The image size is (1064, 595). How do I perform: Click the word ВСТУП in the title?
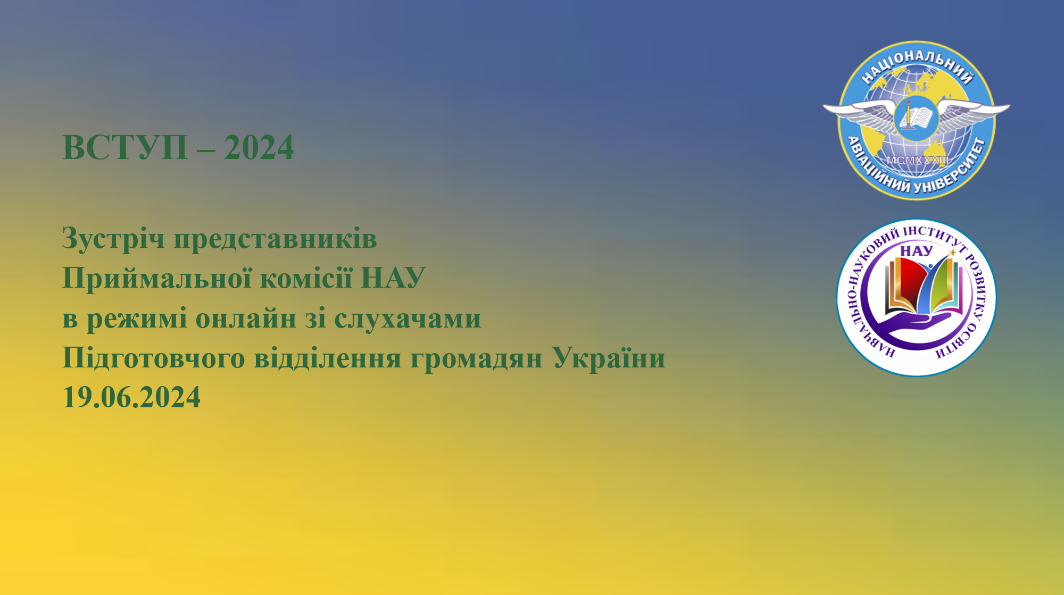pyautogui.click(x=126, y=147)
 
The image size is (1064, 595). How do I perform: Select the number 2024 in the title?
pyautogui.click(x=259, y=147)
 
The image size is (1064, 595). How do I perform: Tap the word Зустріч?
pyautogui.click(x=113, y=239)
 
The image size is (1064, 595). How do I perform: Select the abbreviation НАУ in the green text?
pyautogui.click(x=393, y=278)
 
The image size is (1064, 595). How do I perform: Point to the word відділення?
pyautogui.click(x=328, y=357)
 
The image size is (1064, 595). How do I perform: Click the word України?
pyautogui.click(x=609, y=358)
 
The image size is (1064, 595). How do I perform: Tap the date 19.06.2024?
pyautogui.click(x=131, y=397)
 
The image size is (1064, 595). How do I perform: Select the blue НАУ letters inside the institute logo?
pyautogui.click(x=916, y=251)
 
